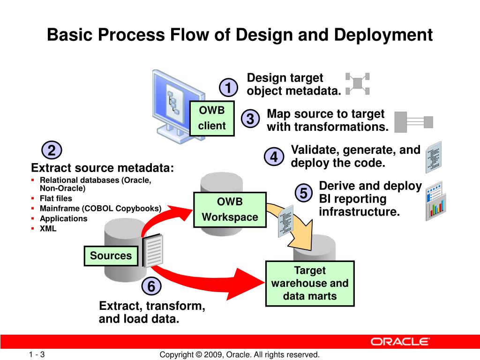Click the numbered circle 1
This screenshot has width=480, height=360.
point(228,88)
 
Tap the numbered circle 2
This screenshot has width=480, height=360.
point(52,150)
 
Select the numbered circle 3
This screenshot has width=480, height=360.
point(250,119)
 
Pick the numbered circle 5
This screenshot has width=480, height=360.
point(304,193)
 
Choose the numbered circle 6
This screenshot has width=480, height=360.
point(151,286)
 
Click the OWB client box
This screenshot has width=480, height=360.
point(212,118)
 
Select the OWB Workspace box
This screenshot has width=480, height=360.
point(230,210)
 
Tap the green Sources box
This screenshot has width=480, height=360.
point(111,256)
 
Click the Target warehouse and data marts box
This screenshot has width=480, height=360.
point(310,283)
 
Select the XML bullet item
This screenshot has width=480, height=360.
point(48,229)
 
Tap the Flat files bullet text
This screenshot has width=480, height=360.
point(56,198)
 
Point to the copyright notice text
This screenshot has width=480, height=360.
point(240,355)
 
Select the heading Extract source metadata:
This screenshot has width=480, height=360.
point(102,168)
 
